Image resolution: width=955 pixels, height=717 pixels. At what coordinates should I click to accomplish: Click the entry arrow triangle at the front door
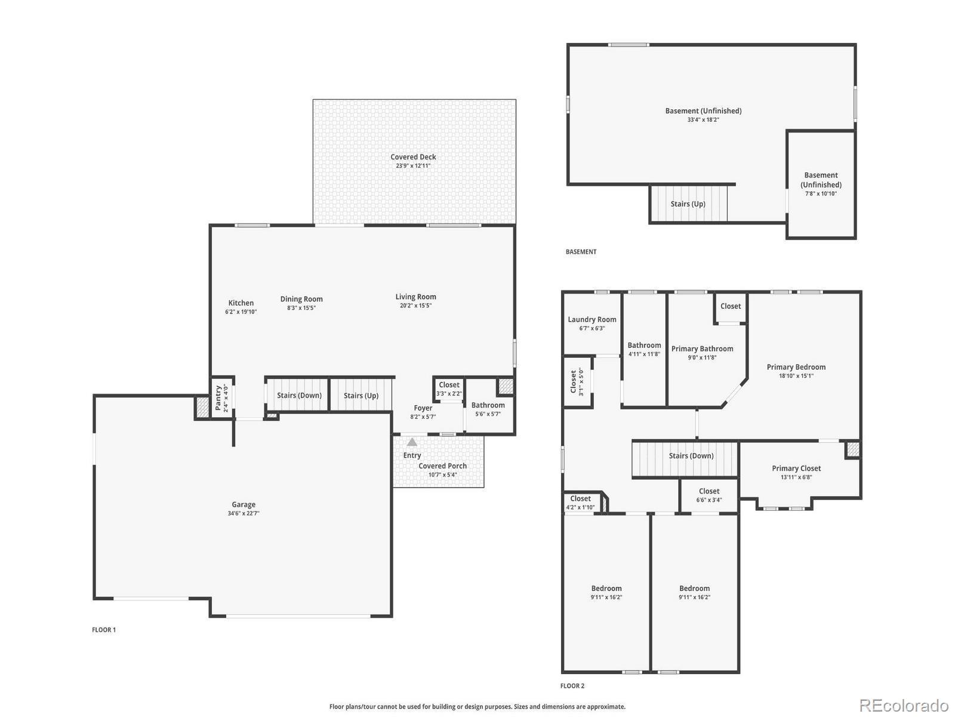pos(412,442)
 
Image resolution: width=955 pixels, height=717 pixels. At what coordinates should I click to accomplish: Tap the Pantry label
pos(218,397)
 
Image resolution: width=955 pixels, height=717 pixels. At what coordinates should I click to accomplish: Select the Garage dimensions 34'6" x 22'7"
pos(243,513)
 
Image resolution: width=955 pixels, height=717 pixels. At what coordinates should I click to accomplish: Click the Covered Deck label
pos(413,157)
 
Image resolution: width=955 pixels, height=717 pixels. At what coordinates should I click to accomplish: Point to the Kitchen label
pos(241,303)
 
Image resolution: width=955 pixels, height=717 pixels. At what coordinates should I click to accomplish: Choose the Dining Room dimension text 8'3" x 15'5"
pos(301,308)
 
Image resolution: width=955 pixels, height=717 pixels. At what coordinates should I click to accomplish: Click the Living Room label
pos(415,297)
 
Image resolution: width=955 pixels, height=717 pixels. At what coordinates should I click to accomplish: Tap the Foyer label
pos(423,408)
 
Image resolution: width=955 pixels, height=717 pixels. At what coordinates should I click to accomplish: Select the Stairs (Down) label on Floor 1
pos(300,396)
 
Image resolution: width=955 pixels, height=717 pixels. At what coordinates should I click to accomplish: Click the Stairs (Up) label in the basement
pos(688,204)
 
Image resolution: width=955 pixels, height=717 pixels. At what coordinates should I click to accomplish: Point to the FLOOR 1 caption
pos(103,630)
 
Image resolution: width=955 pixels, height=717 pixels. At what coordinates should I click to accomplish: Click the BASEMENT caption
pos(581,252)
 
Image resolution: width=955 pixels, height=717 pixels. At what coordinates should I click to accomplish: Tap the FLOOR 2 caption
pos(572,686)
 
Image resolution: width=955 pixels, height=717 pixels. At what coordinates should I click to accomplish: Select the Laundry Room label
pos(592,320)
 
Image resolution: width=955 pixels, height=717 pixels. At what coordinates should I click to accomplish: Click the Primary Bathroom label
pos(702,349)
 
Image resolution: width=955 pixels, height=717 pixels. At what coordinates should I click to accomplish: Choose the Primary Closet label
pos(796,468)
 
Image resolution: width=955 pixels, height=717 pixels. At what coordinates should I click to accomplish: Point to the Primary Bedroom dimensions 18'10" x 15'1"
pos(796,376)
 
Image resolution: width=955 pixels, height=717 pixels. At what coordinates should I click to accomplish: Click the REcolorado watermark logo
pos(904,705)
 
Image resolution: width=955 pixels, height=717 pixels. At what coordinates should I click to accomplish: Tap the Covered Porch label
pos(442,466)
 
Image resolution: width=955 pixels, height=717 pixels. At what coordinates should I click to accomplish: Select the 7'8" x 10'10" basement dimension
pos(821,194)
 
